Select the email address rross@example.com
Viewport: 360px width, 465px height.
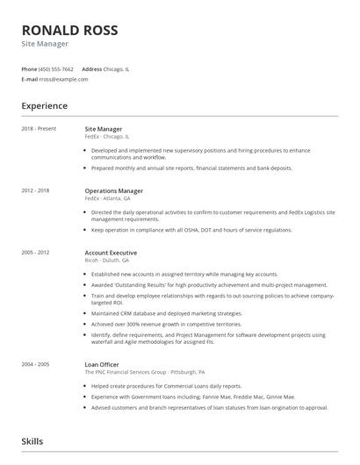coord(63,79)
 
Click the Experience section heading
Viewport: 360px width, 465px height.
coord(45,106)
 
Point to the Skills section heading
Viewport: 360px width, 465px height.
coord(32,441)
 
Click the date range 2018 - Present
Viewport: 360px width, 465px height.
coord(40,129)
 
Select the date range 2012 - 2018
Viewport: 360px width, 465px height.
coord(37,190)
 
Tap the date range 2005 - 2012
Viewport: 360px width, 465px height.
coord(37,253)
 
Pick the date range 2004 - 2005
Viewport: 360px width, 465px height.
coord(37,363)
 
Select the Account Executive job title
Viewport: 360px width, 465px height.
coord(111,253)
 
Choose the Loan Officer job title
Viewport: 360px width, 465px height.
coord(102,363)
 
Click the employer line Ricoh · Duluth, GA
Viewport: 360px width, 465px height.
coord(106,261)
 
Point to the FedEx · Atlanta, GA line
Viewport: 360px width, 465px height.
coord(108,198)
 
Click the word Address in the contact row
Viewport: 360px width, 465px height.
coord(91,68)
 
